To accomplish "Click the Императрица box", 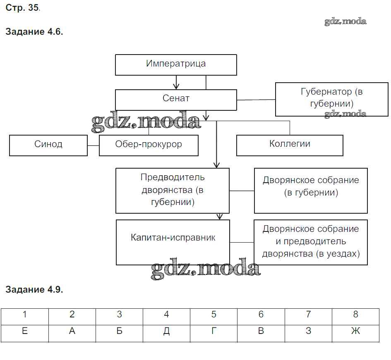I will point(176,64).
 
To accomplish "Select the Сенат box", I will point(176,99).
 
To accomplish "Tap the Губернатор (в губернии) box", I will point(331,98).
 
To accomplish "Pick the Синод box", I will point(48,145).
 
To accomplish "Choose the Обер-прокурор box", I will point(149,145).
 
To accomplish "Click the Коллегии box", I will point(290,145).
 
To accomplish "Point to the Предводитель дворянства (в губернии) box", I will point(173,191).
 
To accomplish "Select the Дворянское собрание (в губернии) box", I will point(311,191).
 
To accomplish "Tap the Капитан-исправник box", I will point(173,242).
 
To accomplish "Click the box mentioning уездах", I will point(311,242).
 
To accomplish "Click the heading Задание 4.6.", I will point(34,32).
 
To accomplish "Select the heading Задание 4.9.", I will point(34,289).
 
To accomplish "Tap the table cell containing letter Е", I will point(25,332).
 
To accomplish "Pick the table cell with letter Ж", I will point(355,332).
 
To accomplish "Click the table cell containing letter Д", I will point(166,332).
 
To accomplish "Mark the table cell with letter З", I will point(308,332).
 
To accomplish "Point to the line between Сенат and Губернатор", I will point(256,100).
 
